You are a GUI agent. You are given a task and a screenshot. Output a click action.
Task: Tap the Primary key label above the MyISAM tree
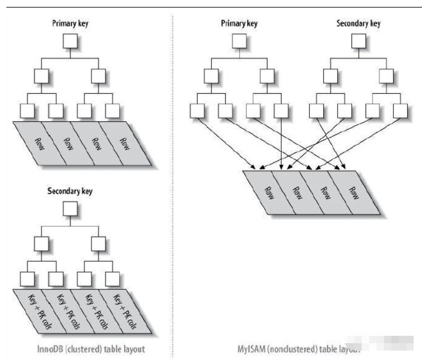click(x=239, y=24)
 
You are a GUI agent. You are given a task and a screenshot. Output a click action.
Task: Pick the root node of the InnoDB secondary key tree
click(x=70, y=209)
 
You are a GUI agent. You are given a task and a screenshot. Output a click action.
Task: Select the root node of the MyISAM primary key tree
click(x=239, y=42)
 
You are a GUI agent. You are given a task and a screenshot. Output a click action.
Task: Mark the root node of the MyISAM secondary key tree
click(x=358, y=42)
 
